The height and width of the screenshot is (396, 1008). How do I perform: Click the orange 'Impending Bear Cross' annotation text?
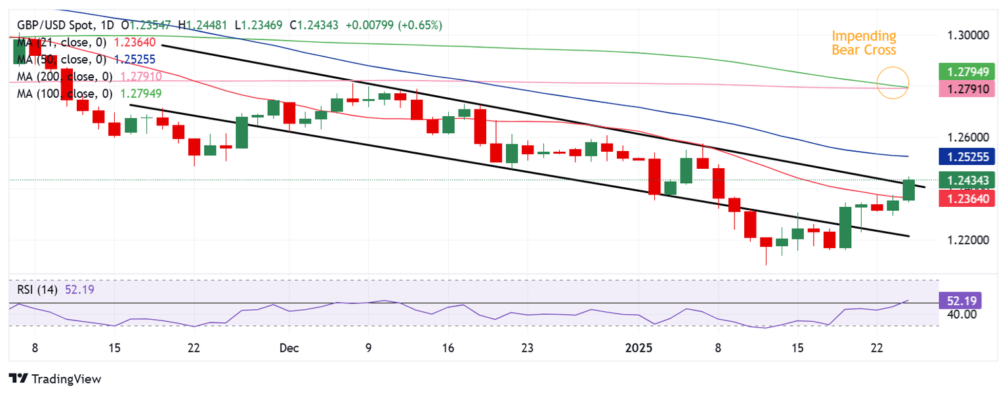[863, 43]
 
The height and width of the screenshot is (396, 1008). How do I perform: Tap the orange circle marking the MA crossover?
[893, 83]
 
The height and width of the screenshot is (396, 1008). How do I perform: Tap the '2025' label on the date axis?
[639, 348]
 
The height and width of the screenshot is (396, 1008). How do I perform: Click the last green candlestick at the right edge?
[909, 189]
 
